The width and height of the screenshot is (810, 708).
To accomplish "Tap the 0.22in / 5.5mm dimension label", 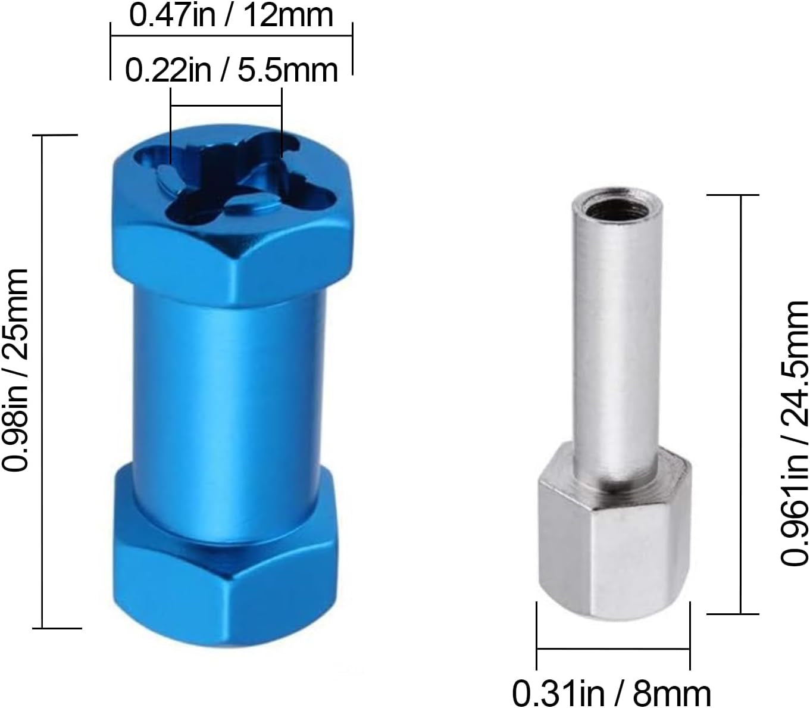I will point(231,70).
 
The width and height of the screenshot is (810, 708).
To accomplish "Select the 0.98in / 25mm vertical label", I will point(16,370).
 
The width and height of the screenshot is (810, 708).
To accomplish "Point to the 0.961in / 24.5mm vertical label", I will point(794,433).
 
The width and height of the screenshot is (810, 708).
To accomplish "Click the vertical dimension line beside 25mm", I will point(42,381).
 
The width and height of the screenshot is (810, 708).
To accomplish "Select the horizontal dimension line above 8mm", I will point(613,648).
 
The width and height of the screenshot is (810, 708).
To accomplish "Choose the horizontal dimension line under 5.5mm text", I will point(226,105).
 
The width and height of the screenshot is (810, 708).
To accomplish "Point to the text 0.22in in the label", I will point(168,70).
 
